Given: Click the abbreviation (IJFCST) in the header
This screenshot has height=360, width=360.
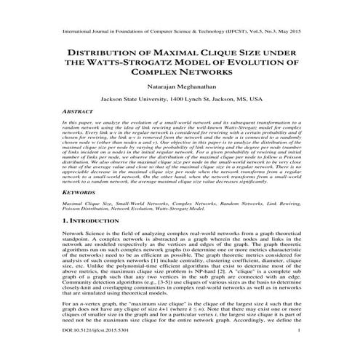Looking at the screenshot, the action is tap(217, 33).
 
